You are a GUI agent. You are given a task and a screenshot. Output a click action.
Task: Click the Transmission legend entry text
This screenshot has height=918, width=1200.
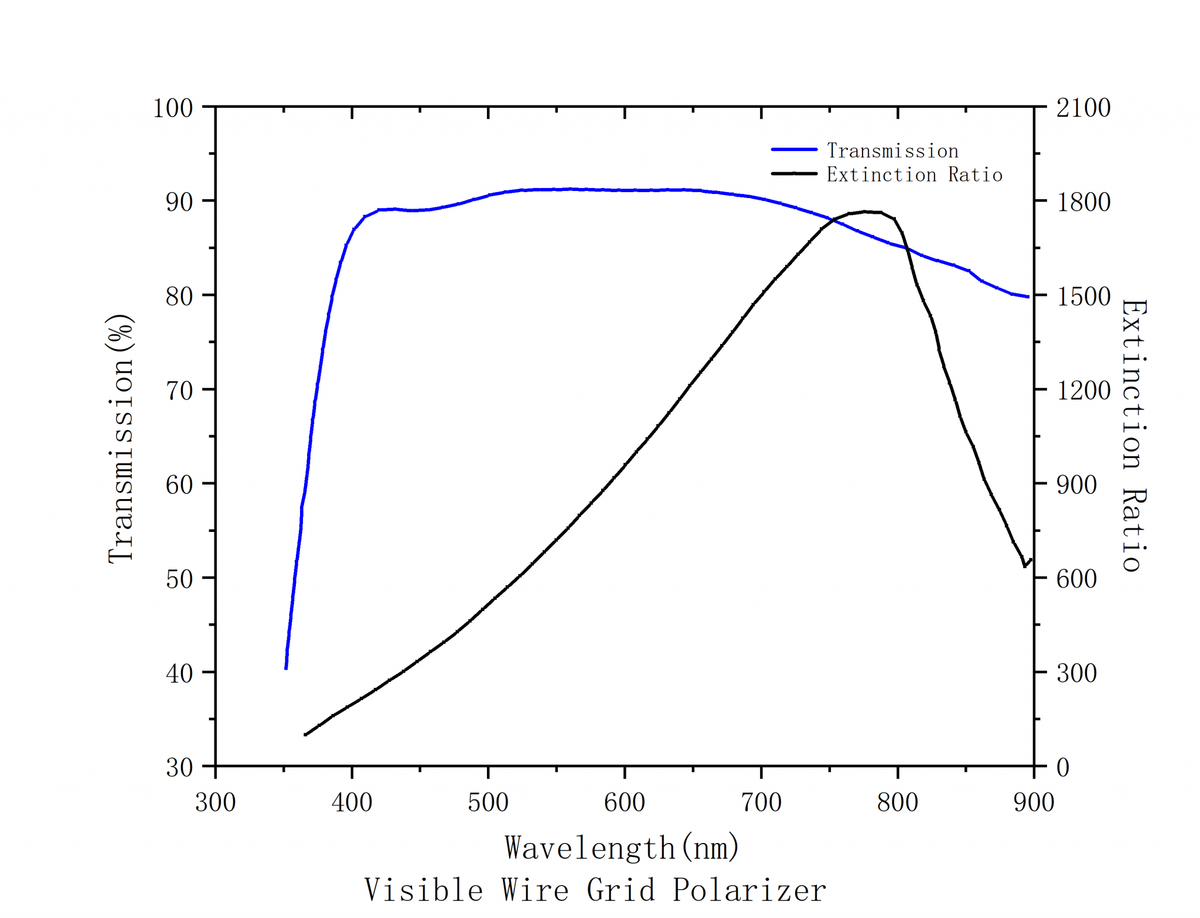[892, 151]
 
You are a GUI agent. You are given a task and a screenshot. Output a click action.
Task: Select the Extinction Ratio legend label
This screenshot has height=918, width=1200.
[914, 175]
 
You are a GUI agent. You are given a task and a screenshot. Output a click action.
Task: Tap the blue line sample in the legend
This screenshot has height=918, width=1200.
[794, 150]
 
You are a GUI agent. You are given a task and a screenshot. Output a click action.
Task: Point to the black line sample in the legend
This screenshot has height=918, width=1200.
[794, 173]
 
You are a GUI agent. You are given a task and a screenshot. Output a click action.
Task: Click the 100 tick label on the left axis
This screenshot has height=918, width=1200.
[173, 108]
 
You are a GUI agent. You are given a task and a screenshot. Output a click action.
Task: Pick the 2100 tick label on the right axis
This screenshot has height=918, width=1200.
[1083, 108]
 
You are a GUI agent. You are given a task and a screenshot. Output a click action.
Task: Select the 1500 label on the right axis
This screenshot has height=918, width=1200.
[1083, 296]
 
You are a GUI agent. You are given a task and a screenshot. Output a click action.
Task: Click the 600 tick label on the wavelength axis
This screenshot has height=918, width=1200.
[625, 802]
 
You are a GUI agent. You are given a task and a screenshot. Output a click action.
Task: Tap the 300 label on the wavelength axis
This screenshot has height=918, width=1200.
[216, 802]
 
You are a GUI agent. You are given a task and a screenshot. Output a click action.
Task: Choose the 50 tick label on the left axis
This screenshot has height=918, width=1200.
[179, 579]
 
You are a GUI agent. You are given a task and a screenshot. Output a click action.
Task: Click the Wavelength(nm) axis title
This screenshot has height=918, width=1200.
[622, 848]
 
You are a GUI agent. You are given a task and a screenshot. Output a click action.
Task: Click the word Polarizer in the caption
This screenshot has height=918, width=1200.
[749, 890]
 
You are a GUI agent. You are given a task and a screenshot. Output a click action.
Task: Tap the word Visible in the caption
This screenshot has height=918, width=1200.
[424, 890]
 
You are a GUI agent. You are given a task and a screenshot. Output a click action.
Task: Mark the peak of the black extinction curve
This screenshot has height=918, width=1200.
[865, 211]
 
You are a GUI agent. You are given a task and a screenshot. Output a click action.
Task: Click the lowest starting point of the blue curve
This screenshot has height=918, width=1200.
[286, 668]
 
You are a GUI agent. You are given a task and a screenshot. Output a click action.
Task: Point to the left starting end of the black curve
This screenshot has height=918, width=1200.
[305, 735]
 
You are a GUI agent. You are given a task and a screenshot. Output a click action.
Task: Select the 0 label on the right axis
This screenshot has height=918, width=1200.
[1063, 767]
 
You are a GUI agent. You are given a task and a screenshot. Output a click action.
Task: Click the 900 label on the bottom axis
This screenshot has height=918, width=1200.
[1034, 802]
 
